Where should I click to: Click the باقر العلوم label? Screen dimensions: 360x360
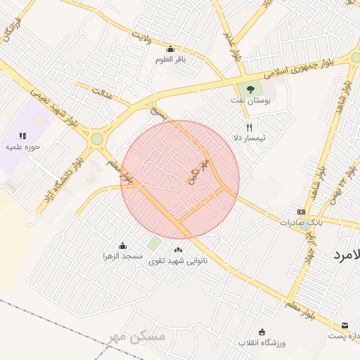170,60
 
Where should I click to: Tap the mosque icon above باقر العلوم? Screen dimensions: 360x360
170,49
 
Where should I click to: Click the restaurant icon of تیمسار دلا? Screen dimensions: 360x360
249,128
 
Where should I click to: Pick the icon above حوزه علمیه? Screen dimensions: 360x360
22,136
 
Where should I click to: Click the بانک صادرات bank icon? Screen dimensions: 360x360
301,212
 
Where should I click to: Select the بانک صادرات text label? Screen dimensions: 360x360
299,222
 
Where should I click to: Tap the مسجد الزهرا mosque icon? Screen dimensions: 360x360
123,245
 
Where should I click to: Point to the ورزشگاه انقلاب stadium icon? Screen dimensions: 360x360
262,332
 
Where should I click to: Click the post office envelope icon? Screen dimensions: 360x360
345,326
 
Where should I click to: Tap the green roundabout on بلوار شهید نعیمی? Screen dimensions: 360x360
96,139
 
